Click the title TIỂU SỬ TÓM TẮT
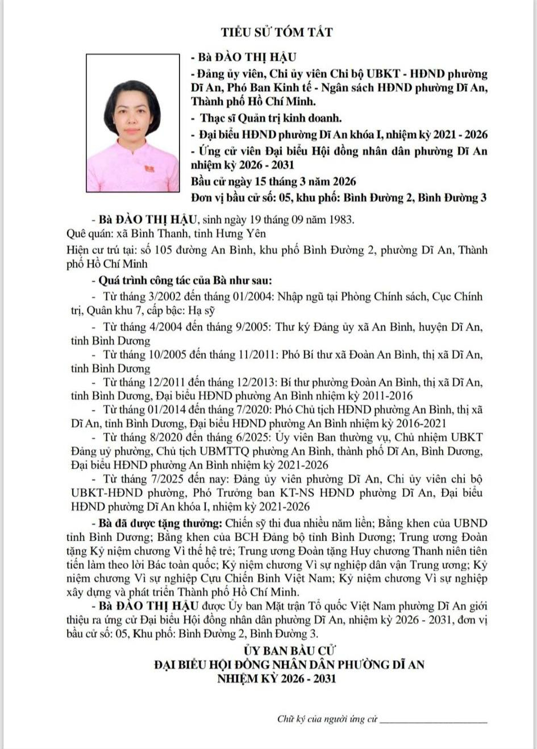point(277,32)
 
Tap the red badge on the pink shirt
point(149,169)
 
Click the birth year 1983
point(340,220)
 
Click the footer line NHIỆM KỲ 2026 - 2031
point(276,679)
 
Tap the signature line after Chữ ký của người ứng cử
point(433,720)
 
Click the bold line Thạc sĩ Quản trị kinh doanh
point(270,118)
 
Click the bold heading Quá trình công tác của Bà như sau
point(185,281)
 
